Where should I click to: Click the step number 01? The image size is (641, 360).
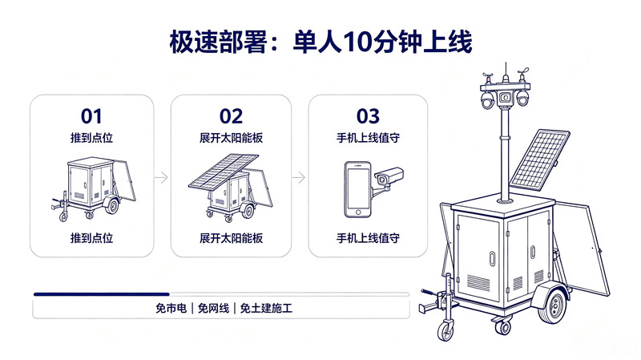[91, 116]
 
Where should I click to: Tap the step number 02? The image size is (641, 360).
[231, 116]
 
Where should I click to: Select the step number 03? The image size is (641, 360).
[368, 116]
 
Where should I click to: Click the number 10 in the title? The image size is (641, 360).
[357, 42]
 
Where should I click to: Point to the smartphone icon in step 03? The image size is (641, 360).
[357, 189]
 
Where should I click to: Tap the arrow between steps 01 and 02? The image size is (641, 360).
[162, 177]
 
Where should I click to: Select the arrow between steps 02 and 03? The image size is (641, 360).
[299, 177]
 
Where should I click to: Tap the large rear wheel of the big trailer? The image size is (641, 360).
[553, 304]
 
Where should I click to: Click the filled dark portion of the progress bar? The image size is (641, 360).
[102, 294]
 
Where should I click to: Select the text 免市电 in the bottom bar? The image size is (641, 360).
[171, 308]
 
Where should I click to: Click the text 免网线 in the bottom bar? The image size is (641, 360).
[213, 308]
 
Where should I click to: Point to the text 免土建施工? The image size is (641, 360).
[266, 308]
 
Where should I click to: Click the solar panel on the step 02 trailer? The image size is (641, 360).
[224, 171]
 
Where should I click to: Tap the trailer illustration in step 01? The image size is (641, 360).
[94, 189]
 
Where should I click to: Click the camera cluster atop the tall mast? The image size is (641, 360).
[505, 92]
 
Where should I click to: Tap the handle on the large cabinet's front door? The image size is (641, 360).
[492, 258]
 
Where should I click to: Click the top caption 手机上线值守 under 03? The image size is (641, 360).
[368, 138]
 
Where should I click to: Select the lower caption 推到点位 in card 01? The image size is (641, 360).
[91, 237]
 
